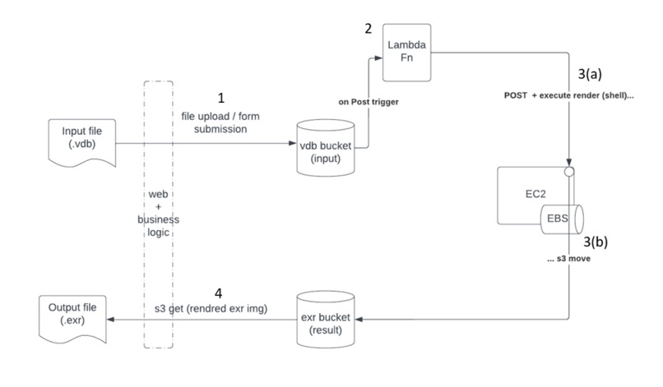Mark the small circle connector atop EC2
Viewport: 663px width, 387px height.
point(568,172)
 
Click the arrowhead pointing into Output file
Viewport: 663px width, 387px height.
point(115,319)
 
